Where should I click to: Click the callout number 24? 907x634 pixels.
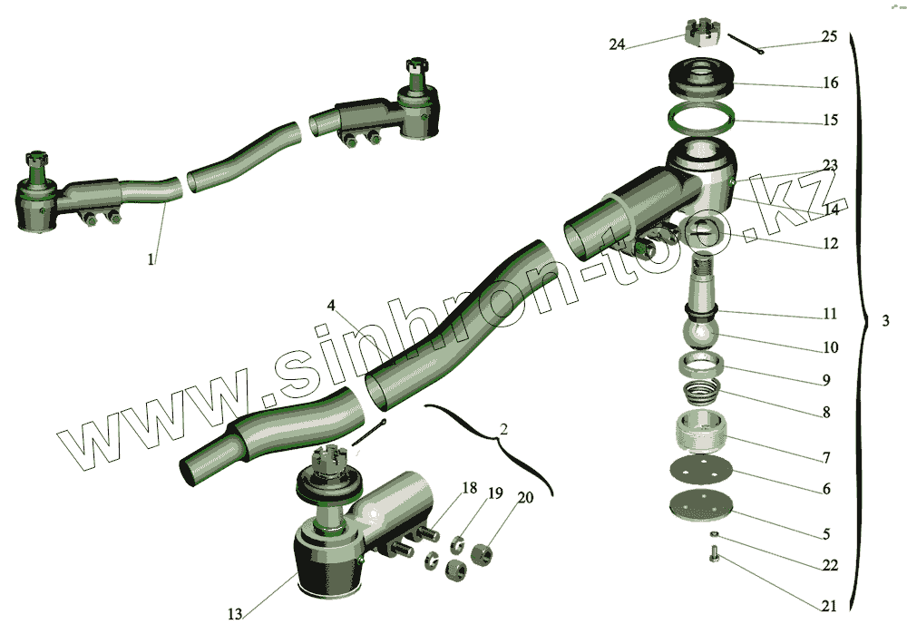click(x=617, y=44)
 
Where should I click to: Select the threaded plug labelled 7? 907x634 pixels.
click(x=701, y=431)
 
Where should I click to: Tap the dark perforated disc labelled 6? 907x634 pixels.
click(x=701, y=468)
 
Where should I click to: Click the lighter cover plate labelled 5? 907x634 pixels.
click(x=700, y=505)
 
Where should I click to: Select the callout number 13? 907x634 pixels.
click(x=234, y=614)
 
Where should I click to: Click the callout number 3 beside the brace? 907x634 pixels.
click(x=885, y=320)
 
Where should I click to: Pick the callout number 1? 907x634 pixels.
click(x=151, y=259)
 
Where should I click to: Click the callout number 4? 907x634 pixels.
click(x=331, y=306)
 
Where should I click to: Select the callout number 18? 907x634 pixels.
click(x=469, y=488)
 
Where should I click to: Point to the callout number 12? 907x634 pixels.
click(x=830, y=243)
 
